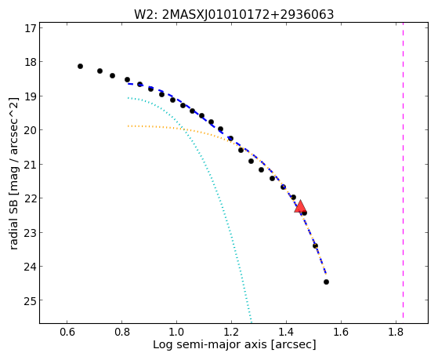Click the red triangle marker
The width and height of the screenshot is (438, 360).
click(x=300, y=206)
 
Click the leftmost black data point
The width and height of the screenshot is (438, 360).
click(x=80, y=67)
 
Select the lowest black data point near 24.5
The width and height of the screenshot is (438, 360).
click(x=326, y=282)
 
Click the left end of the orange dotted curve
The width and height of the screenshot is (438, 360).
click(x=128, y=126)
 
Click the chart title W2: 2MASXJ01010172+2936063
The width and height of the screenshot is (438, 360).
click(x=233, y=14)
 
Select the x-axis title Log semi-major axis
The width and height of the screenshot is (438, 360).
click(x=234, y=344)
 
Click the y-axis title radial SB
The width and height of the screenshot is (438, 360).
click(x=14, y=173)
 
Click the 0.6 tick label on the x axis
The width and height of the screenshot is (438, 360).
click(x=67, y=333)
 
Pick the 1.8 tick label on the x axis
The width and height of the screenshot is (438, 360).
click(x=396, y=333)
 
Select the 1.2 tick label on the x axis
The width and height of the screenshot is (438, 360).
click(x=231, y=333)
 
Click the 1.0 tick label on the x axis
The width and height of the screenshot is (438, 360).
click(x=176, y=333)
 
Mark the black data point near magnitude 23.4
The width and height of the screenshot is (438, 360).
click(x=315, y=245)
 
